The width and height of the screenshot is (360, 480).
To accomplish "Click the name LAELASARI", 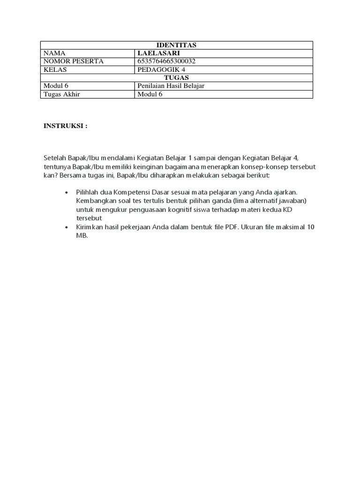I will coord(158,53).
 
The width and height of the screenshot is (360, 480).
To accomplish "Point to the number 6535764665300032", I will coord(166,61).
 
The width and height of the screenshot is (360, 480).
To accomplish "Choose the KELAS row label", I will coord(55,69).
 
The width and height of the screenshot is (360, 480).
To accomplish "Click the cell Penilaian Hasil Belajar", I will coord(171,86).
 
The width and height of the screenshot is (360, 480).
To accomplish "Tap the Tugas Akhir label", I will coord(62,94).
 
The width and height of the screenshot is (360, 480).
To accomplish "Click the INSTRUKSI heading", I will coord(65,126).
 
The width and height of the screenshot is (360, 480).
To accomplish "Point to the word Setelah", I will coord(54,158).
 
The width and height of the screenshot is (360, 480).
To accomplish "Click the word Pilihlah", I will coord(87,192).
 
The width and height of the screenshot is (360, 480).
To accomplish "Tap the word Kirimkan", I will coord(90,227).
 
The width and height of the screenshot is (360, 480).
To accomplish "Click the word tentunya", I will coord(57,167).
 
